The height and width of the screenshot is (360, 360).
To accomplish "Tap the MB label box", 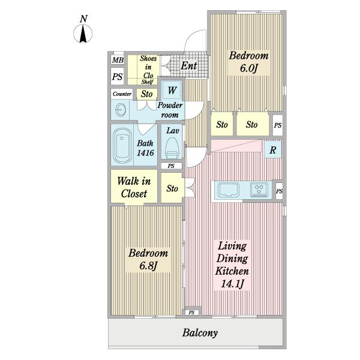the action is coord(118,60).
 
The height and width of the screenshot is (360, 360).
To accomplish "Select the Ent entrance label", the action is coord(189,66).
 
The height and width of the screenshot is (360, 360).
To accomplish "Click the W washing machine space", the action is coord(172,90).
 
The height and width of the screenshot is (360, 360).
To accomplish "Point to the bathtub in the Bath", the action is coord(122,145).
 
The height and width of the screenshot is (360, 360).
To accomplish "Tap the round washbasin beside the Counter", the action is coord(121,110).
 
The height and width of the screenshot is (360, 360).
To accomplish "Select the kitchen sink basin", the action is coord(229,190).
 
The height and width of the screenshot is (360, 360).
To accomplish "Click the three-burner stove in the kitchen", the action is coord(259,190).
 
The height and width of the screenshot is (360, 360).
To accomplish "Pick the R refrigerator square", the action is coord(273,149).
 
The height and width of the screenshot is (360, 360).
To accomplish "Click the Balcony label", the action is coord(200,332).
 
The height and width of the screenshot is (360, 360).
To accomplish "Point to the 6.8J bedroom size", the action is coord(148,266).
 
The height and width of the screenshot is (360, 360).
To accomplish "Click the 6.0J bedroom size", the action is coord(248,68).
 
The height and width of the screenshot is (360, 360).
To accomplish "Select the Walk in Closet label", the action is coord(134,187).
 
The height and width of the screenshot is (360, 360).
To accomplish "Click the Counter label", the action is coord(122,94).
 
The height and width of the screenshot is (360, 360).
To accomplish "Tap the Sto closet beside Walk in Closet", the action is coord(172,188).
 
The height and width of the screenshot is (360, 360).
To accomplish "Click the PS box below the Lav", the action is coord(171,166).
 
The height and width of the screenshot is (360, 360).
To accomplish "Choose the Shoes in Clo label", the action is coord(148,67).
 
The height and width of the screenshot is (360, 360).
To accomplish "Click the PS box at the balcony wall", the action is coord(191,313).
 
